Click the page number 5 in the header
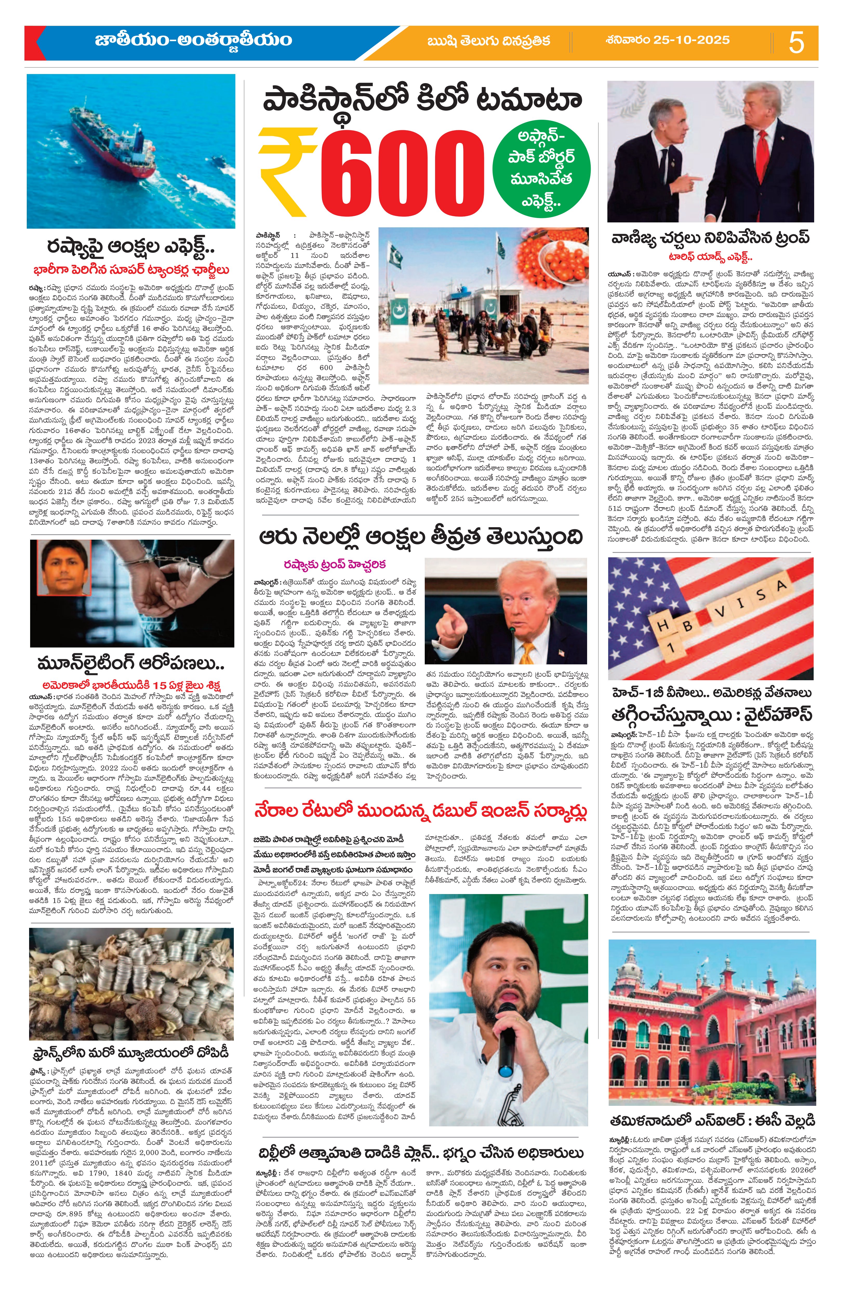coord(796,42)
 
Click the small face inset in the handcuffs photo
coord(65,569)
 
